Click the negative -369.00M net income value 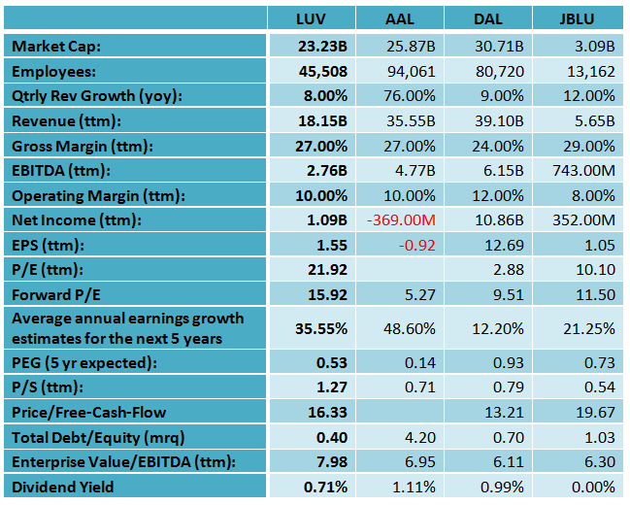tap(404, 220)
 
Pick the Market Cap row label tap(56, 46)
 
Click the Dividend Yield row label tap(63, 487)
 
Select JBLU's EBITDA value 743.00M tap(581, 171)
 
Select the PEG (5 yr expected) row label tap(79, 362)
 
